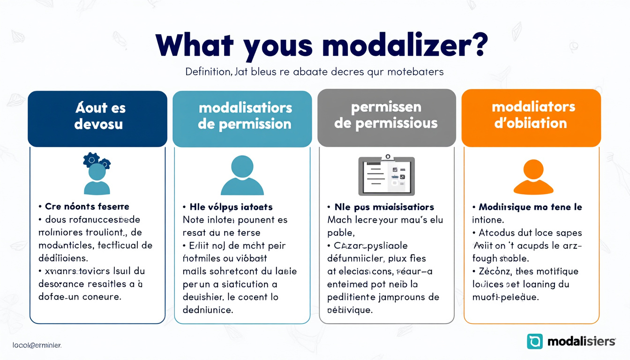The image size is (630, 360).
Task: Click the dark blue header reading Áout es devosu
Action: click(x=97, y=116)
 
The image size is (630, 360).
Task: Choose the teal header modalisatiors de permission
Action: click(x=242, y=116)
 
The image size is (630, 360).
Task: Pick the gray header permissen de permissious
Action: click(x=386, y=115)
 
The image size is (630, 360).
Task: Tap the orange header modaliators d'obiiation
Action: click(x=531, y=115)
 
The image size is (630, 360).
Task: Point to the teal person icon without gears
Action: click(x=242, y=175)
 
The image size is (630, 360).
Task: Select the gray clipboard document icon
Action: click(x=386, y=175)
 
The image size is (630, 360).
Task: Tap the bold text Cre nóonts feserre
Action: click(x=87, y=206)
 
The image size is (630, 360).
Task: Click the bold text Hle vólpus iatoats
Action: click(x=231, y=207)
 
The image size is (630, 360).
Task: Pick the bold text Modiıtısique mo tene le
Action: click(x=530, y=207)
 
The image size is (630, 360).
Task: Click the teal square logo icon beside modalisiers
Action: click(x=535, y=341)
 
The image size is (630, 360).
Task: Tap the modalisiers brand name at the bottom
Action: click(x=581, y=341)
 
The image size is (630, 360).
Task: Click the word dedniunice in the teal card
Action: click(x=208, y=310)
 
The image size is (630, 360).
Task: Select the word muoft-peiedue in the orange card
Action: click(x=506, y=297)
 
